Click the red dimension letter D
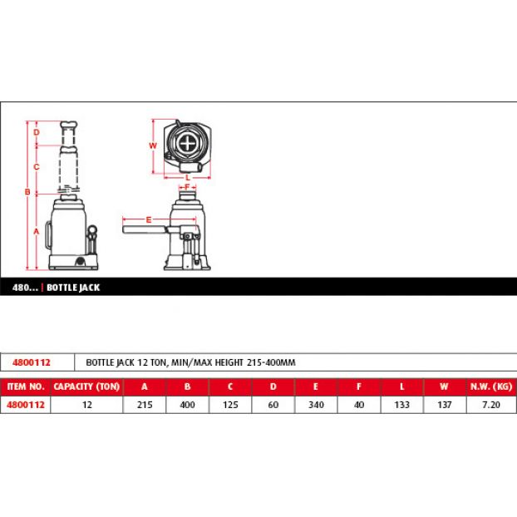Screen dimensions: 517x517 click(x=37, y=132)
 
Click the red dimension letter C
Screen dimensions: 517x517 click(x=37, y=167)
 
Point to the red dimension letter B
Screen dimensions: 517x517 click(x=27, y=192)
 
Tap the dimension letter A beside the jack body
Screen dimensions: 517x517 click(x=37, y=231)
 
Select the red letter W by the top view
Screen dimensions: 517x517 click(x=153, y=145)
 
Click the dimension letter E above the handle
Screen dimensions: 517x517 click(x=149, y=220)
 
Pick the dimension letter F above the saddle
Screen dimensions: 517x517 click(x=187, y=187)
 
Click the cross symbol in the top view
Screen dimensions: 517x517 click(x=187, y=144)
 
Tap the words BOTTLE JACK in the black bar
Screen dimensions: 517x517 click(x=73, y=288)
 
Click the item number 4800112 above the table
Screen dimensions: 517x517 click(x=32, y=362)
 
